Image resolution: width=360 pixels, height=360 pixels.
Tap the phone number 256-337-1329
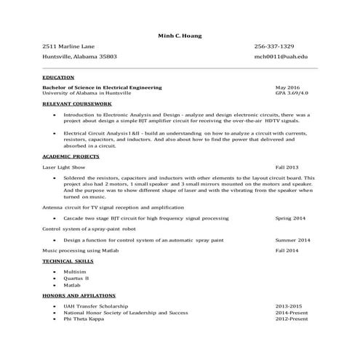pyautogui.click(x=274, y=46)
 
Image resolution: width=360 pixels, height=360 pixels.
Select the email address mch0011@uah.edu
pyautogui.click(x=281, y=56)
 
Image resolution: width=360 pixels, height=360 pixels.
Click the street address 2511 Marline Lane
pyautogui.click(x=70, y=46)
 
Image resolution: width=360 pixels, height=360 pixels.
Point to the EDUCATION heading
pyautogui.click(x=58, y=77)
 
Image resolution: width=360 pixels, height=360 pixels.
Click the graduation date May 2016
pyautogui.click(x=287, y=87)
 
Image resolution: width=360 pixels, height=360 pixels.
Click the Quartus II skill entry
pyautogui.click(x=76, y=278)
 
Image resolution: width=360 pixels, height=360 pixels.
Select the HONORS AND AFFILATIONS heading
pyautogui.click(x=77, y=295)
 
